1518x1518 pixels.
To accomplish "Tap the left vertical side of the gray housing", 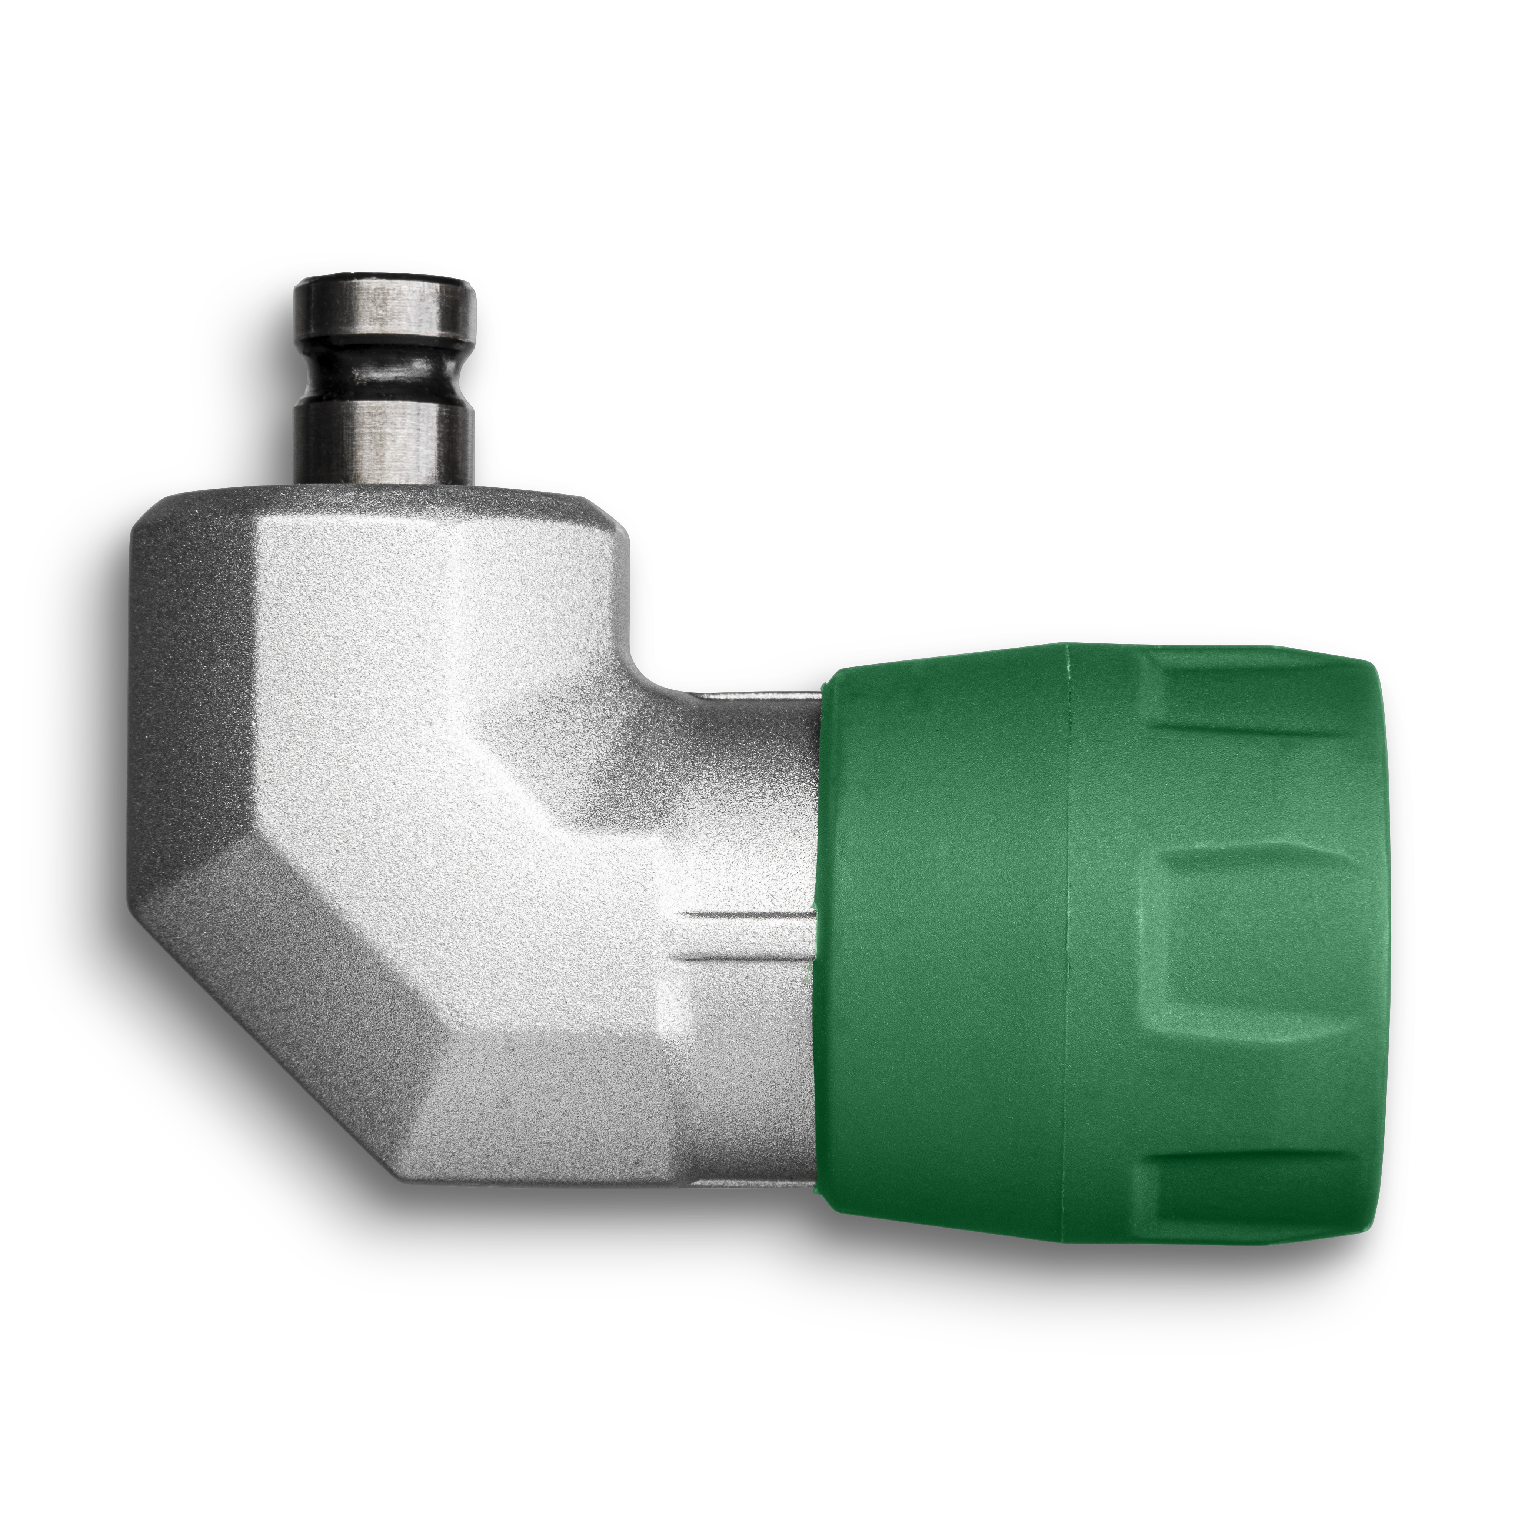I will tap(145, 707).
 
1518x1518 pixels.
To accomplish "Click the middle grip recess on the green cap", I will tap(1257, 943).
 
